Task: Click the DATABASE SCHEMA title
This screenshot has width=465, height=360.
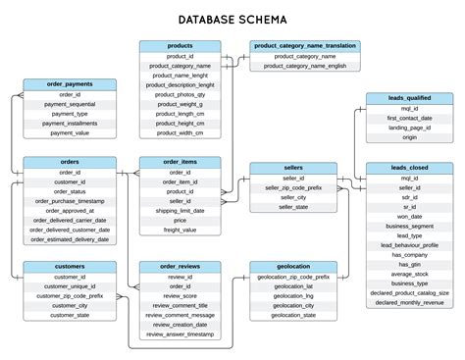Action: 232,19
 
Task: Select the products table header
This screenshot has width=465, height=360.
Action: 180,46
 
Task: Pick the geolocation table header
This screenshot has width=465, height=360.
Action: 293,266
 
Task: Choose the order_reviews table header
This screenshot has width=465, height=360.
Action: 180,266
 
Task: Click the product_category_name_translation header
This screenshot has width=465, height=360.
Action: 305,46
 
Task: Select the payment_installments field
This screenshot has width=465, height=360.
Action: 70,123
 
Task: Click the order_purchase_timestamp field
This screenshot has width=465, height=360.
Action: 70,200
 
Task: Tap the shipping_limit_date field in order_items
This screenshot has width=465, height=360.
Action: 180,210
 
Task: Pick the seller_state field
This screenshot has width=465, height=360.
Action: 293,207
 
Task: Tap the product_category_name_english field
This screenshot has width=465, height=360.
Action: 305,66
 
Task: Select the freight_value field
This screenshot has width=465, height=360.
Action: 180,230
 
